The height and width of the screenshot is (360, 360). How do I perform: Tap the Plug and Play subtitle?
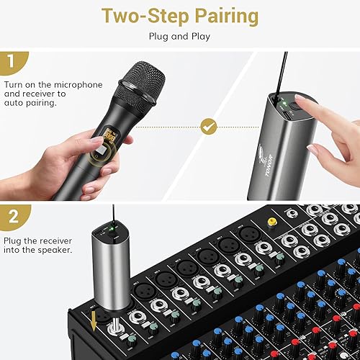pos(179,35)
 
